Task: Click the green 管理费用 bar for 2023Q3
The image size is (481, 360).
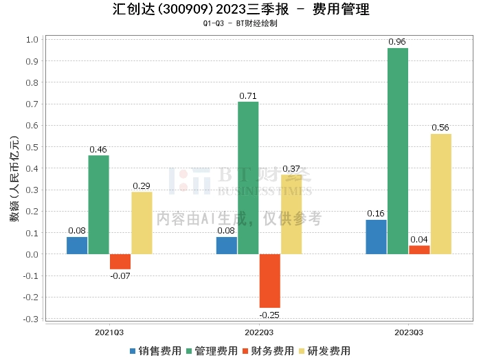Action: coord(397,151)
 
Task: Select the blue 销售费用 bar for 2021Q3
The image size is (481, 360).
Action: coord(77,245)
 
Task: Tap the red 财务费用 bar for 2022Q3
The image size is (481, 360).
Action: coord(269,281)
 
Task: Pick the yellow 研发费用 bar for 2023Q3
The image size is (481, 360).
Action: coord(440,194)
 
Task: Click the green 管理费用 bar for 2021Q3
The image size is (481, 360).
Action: coord(98,205)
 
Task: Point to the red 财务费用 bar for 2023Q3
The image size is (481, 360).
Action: coord(419,250)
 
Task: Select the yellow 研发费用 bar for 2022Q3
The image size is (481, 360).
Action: coord(291,214)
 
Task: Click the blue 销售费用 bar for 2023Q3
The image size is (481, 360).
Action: coord(376,237)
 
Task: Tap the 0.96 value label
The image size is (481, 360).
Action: coord(397,42)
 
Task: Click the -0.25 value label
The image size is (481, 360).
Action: coord(269,315)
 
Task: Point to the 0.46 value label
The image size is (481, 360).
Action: coord(98,149)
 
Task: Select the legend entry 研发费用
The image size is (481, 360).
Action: coord(324,350)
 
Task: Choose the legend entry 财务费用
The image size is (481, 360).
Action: coord(268,350)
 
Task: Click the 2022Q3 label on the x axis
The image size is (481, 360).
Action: coord(258,333)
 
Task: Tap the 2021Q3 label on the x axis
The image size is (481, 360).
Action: coord(109,333)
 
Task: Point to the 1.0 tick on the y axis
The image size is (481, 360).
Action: coord(31,39)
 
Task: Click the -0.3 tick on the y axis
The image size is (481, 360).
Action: coord(30,319)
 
